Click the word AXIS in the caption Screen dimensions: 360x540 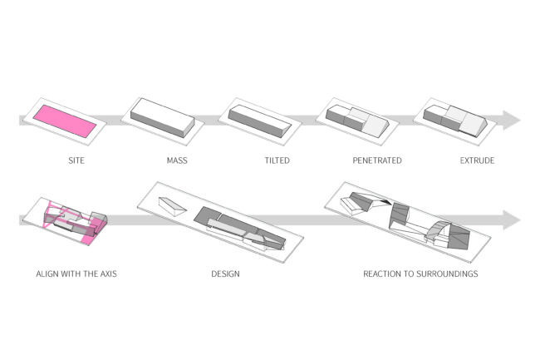(x=107, y=274)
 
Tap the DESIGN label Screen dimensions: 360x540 (x=226, y=274)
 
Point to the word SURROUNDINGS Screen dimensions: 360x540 (x=450, y=274)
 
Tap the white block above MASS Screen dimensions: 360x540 (x=162, y=119)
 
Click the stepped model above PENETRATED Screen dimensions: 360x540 (x=357, y=121)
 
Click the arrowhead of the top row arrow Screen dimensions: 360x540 (x=510, y=121)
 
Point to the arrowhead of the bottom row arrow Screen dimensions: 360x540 (x=510, y=220)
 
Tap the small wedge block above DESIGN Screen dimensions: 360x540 (x=174, y=205)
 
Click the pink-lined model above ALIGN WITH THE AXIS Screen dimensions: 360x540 (x=70, y=220)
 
